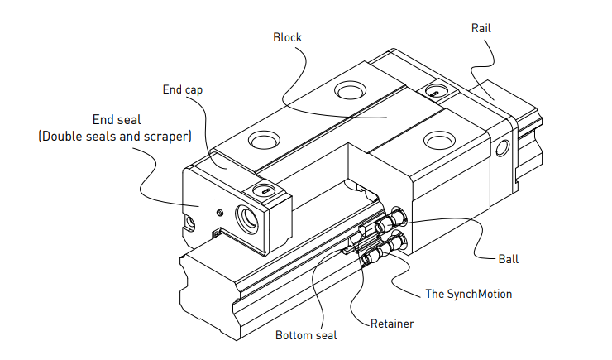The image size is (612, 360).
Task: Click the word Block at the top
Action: click(x=288, y=37)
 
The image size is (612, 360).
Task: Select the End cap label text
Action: click(x=183, y=88)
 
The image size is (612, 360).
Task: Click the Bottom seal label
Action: click(x=307, y=335)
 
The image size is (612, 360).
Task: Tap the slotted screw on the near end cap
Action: click(x=265, y=191)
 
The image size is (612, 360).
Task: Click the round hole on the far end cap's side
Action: click(x=504, y=149)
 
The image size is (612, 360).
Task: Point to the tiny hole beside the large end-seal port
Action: click(x=218, y=212)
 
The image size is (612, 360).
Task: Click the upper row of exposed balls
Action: click(x=390, y=222)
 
